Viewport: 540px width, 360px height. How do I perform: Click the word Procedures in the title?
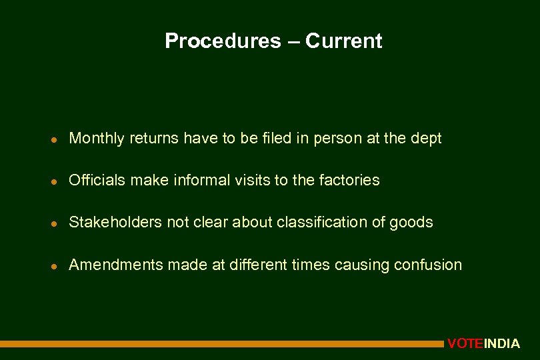click(223, 41)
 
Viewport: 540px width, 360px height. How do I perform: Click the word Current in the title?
click(344, 41)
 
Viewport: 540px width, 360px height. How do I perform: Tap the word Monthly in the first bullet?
click(97, 139)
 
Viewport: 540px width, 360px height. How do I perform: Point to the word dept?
click(426, 139)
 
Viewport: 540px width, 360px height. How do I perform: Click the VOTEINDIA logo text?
click(483, 344)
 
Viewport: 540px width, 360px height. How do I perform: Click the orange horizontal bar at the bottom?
click(220, 344)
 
